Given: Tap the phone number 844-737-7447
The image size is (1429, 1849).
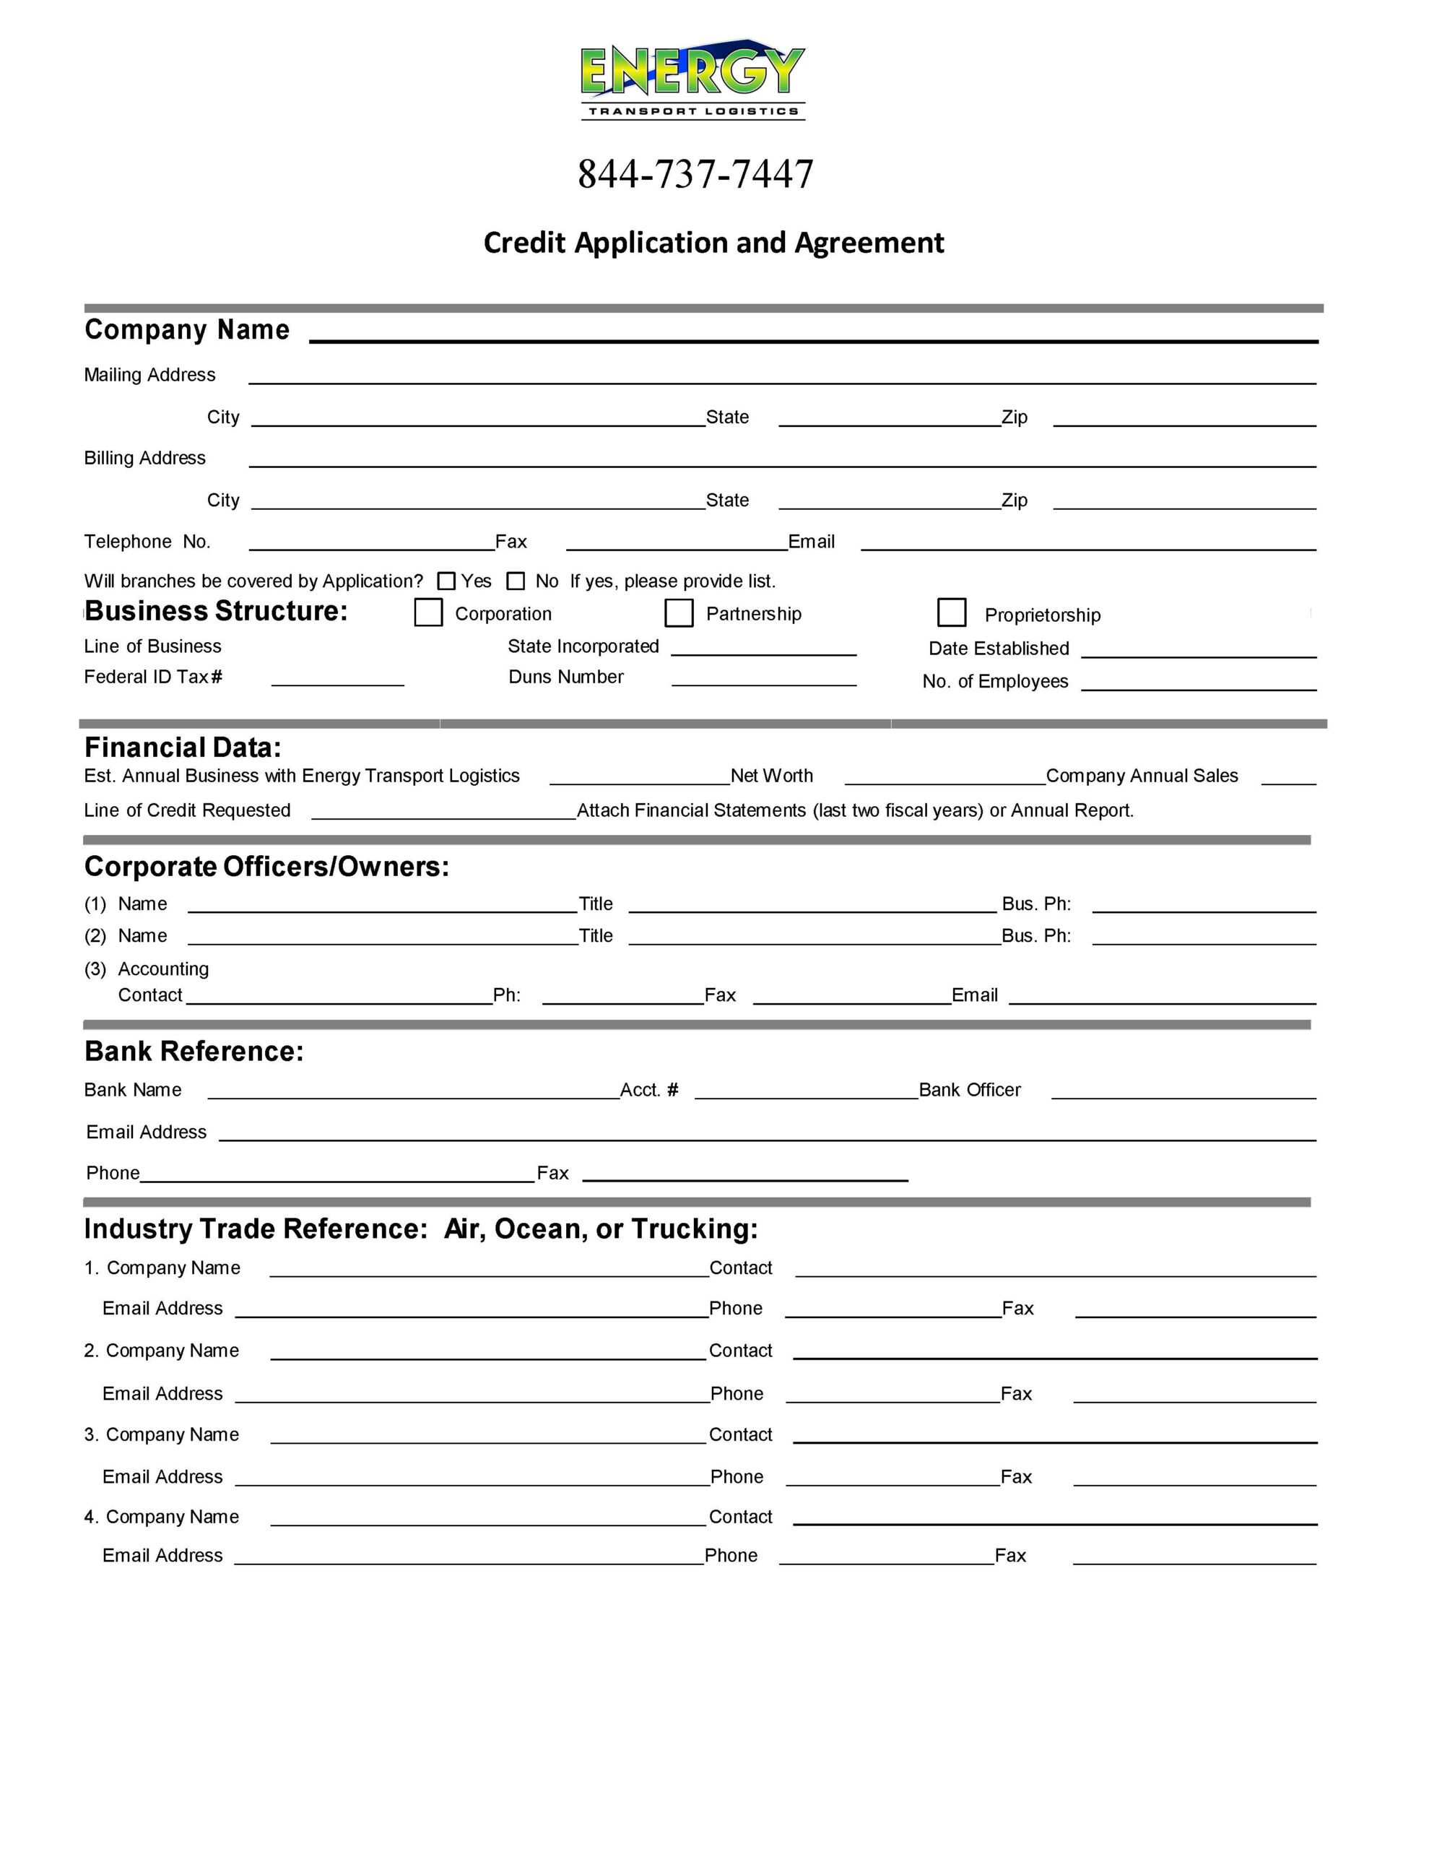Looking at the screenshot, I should [695, 174].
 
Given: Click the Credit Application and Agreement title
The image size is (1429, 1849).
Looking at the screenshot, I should [713, 243].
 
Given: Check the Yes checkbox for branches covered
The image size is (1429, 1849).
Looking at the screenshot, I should [446, 581].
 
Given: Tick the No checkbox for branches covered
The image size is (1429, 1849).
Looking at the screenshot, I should [516, 581].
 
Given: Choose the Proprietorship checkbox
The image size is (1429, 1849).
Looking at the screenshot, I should [952, 612].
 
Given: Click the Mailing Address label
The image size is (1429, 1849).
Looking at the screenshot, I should [150, 375].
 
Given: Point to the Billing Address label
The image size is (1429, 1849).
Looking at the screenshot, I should [144, 458].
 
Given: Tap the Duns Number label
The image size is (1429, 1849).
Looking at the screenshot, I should [565, 677].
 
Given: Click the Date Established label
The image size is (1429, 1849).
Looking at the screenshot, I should [999, 649].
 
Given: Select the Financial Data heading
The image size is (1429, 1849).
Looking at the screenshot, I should [183, 748].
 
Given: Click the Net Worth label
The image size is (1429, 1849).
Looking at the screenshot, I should [771, 776].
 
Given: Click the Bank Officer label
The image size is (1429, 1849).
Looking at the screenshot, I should [970, 1090].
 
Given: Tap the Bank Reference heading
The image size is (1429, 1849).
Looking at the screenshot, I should [194, 1051].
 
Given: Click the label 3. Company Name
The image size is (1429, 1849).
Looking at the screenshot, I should [162, 1434].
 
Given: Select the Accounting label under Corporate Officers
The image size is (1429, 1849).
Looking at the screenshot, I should [163, 969].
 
